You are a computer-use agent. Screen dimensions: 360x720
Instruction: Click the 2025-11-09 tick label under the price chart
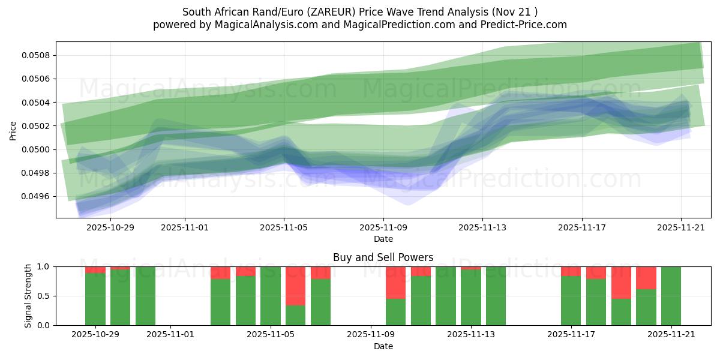tap(383, 227)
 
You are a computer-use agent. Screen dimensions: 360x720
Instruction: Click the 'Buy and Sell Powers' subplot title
tap(383, 257)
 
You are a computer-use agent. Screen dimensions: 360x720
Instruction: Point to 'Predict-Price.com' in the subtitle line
tap(520, 25)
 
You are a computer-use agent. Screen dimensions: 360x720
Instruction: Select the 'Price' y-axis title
tap(13, 130)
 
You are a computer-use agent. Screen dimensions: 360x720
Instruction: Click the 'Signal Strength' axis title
tap(28, 296)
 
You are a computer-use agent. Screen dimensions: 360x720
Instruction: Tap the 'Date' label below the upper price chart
tap(383, 239)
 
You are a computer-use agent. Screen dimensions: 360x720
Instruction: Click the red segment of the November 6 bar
tap(296, 286)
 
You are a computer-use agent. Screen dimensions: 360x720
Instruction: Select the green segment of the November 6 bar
tap(296, 316)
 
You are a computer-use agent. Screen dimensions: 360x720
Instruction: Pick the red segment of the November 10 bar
tap(396, 282)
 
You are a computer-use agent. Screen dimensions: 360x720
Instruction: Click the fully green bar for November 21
tap(671, 296)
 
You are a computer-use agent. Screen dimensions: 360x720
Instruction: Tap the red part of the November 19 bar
tap(621, 282)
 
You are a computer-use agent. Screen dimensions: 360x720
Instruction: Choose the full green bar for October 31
tap(145, 296)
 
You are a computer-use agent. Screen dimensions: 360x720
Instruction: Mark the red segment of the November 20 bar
tap(646, 277)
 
